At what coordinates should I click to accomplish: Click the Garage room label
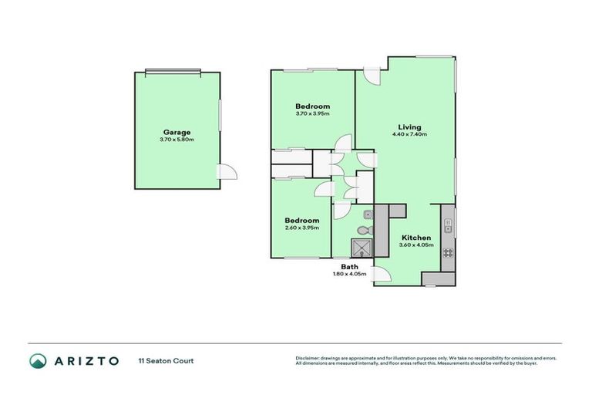[177, 132]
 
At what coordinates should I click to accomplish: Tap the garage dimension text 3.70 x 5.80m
[177, 140]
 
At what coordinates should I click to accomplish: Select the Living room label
[409, 127]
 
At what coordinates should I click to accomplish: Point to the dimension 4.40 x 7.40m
[409, 134]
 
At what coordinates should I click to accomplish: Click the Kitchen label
[415, 238]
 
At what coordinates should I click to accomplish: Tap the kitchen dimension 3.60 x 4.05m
[415, 245]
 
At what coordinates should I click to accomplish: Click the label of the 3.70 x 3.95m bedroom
[313, 106]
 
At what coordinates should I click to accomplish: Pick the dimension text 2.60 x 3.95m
[302, 228]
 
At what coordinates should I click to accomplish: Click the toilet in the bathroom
[363, 229]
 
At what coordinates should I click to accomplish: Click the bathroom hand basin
[368, 214]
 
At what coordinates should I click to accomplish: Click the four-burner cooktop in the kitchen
[448, 252]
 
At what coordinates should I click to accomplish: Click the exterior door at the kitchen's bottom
[381, 275]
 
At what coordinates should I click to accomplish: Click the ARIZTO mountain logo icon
[38, 361]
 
